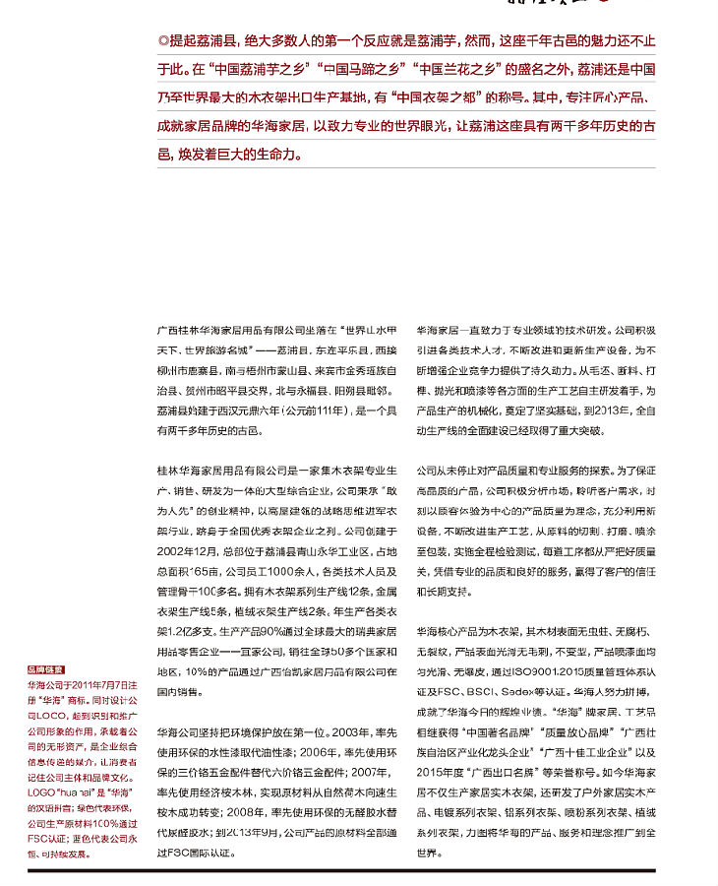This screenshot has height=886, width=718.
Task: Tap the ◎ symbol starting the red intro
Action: pos(163,42)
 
